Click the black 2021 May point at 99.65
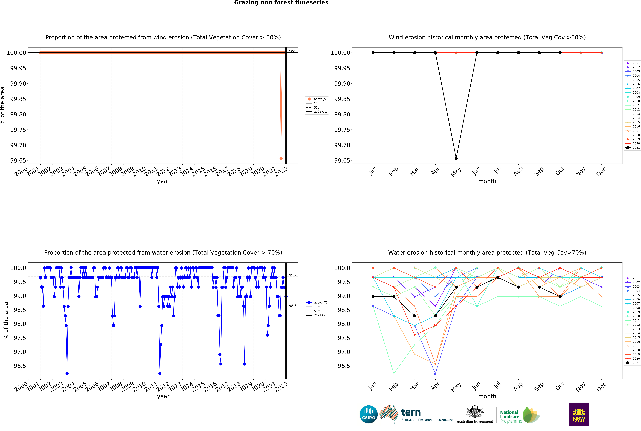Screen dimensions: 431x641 pos(456,158)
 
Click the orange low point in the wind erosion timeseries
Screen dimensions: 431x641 pos(281,158)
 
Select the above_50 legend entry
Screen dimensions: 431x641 pos(317,99)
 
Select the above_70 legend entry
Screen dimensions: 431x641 pos(317,302)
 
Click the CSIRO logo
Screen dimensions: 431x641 pos(368,414)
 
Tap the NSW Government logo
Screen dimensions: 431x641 pos(579,414)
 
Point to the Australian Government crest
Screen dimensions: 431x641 pos(475,412)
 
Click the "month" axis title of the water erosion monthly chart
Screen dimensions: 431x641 pos(487,396)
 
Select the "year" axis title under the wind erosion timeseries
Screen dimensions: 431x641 pos(163,181)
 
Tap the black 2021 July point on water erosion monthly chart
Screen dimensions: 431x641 pos(498,278)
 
